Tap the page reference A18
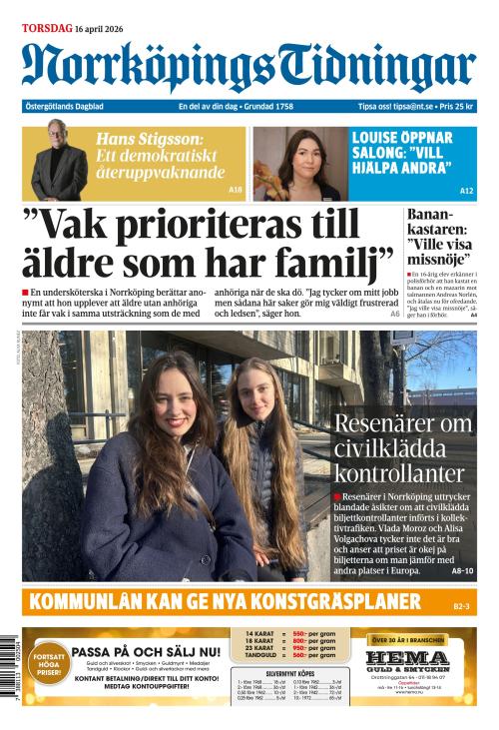(x=235, y=189)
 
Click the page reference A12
(x=466, y=190)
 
